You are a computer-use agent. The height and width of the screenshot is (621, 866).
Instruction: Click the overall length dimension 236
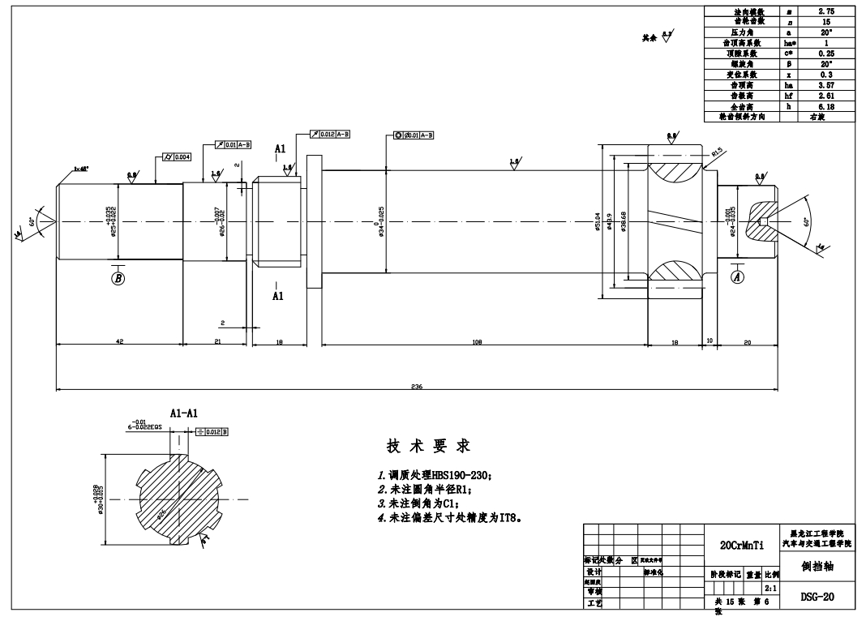coord(416,387)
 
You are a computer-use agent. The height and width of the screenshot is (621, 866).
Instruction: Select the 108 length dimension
coord(477,342)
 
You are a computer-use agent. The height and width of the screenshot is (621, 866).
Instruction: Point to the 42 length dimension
coord(118,342)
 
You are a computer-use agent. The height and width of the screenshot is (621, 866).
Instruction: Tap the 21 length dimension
coord(217,342)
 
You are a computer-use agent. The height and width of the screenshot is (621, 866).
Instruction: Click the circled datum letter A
coord(737,276)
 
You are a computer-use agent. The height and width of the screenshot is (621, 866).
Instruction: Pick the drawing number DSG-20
coord(817,597)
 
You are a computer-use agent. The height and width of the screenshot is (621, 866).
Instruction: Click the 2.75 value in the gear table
coord(826,11)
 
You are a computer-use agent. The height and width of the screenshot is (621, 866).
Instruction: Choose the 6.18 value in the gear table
coord(826,106)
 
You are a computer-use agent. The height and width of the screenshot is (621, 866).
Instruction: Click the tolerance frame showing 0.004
coord(177,156)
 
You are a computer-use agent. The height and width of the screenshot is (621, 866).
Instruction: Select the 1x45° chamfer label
coord(81,169)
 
